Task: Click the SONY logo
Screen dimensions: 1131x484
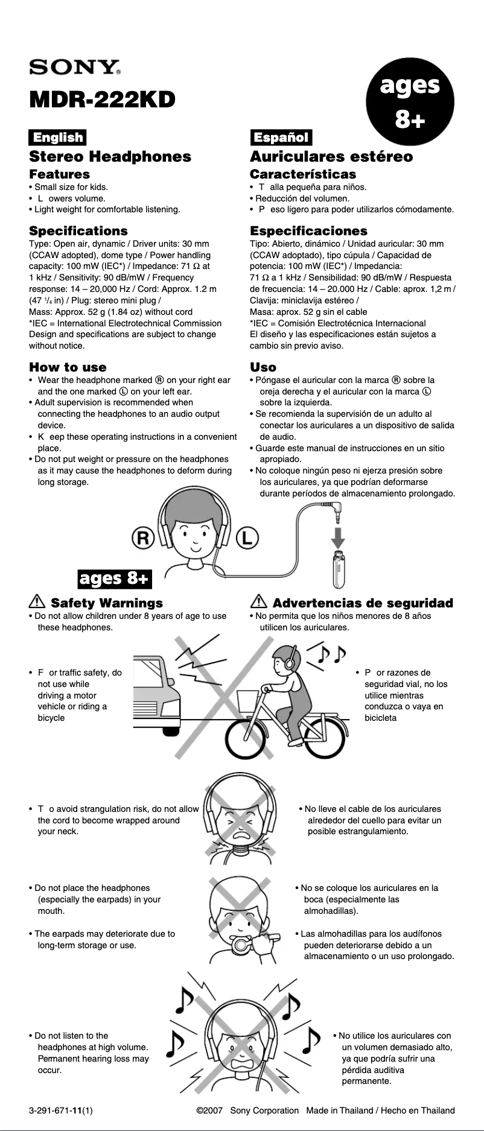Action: point(75,66)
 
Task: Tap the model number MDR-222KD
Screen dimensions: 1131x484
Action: point(102,99)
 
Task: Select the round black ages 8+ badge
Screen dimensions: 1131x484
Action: point(410,102)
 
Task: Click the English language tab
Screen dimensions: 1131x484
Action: point(58,138)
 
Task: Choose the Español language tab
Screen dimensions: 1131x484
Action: point(281,138)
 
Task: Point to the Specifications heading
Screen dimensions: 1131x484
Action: point(78,231)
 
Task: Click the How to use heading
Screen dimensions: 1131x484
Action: point(68,367)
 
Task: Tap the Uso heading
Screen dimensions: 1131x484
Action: point(263,367)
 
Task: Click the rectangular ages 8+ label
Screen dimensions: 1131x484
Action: point(115,578)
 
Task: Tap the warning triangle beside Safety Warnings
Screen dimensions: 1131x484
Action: point(37,602)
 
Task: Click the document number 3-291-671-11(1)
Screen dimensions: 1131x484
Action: point(60,1110)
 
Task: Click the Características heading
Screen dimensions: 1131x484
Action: point(303,174)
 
